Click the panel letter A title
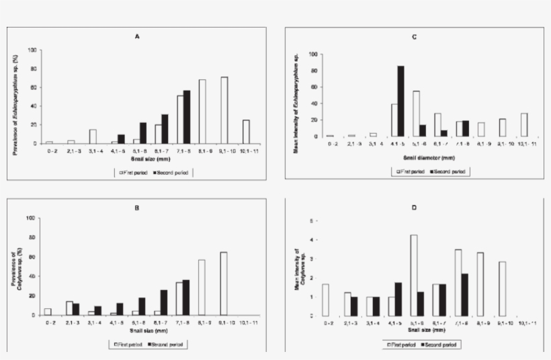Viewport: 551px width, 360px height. point(137,37)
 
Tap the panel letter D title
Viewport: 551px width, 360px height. point(414,208)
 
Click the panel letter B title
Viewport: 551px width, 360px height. point(137,208)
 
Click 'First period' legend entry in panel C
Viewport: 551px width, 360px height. point(411,171)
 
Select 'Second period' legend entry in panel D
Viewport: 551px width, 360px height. point(443,344)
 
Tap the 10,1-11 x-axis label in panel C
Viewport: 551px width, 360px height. point(523,143)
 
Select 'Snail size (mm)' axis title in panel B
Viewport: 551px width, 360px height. point(138,332)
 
